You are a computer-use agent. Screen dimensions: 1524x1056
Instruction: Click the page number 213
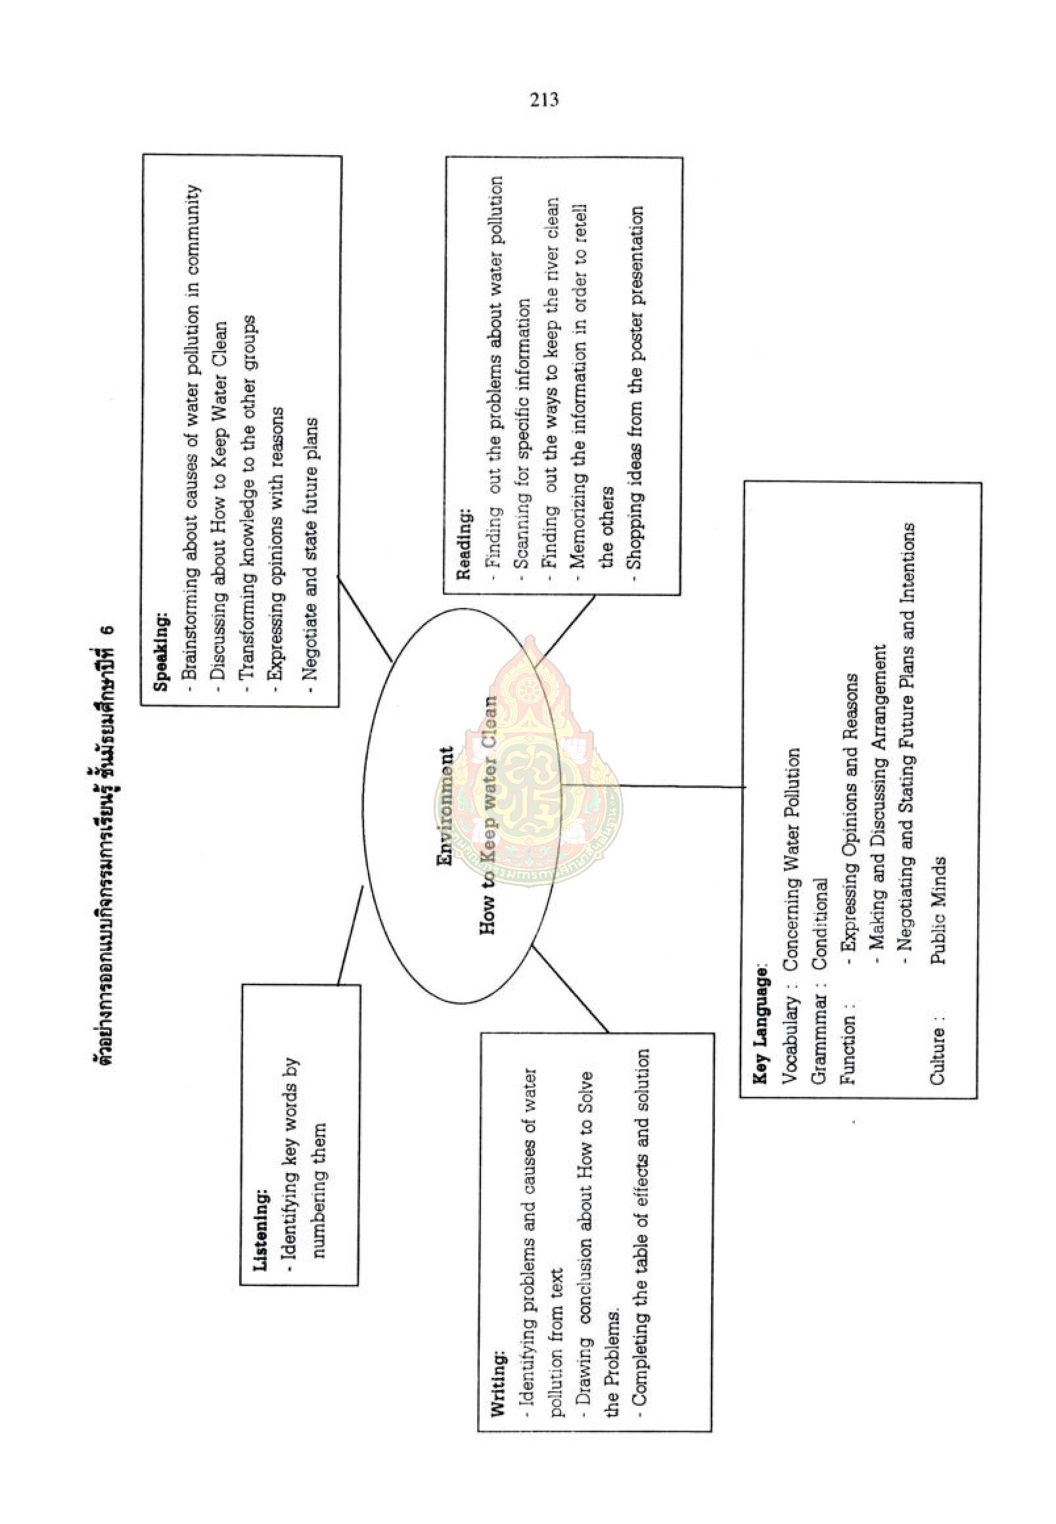point(544,100)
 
